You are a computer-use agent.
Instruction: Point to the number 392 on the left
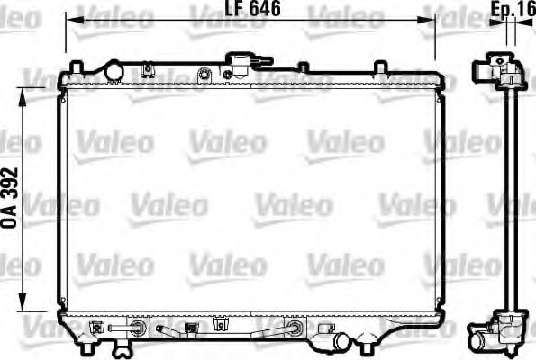12,185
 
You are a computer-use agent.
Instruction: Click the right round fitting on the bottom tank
295,327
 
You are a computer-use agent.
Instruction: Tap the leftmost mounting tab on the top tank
77,67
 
